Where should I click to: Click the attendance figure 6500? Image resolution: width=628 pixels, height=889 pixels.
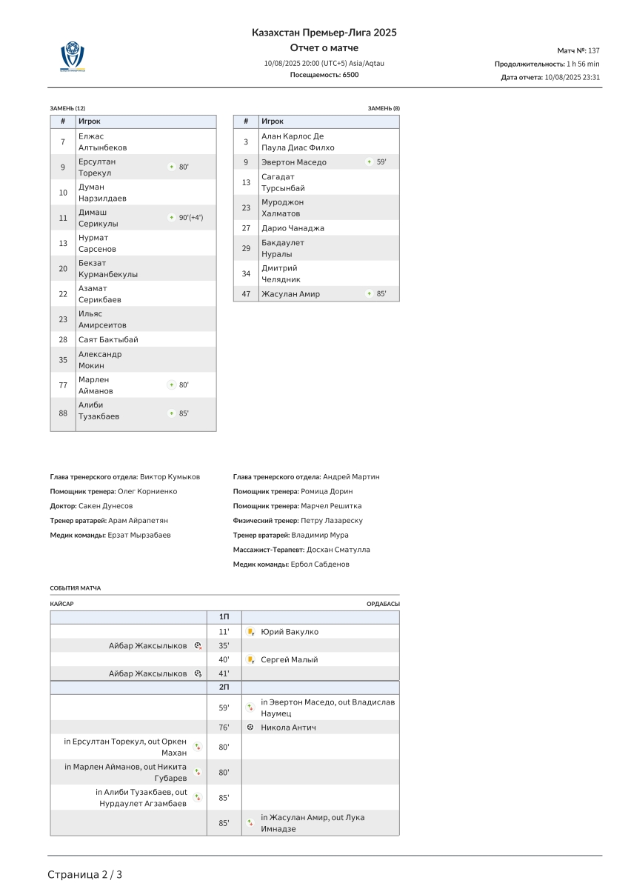pyautogui.click(x=350, y=75)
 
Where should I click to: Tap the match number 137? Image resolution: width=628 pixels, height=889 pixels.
pyautogui.click(x=593, y=50)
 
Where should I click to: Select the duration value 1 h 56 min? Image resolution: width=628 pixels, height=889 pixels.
pyautogui.click(x=583, y=64)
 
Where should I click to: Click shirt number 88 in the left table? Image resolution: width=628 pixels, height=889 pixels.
pyautogui.click(x=63, y=410)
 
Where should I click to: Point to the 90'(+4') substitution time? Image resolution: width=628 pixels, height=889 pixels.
pyautogui.click(x=190, y=218)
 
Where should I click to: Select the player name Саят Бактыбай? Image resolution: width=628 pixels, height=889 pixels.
pyautogui.click(x=108, y=339)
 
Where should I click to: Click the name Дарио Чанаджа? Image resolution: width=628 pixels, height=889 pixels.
pyautogui.click(x=293, y=228)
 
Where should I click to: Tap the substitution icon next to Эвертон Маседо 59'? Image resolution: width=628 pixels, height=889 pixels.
pyautogui.click(x=369, y=162)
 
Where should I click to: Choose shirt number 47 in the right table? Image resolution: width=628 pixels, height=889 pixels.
pyautogui.click(x=246, y=294)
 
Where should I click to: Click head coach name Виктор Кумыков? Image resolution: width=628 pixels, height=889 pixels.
pyautogui.click(x=170, y=477)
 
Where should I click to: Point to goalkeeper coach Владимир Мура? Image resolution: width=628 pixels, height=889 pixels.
pyautogui.click(x=320, y=535)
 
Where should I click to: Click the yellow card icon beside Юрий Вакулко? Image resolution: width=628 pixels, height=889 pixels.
pyautogui.click(x=251, y=632)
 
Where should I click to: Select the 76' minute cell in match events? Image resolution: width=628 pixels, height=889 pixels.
pyautogui.click(x=224, y=727)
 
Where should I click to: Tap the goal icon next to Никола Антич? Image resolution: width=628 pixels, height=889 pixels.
pyautogui.click(x=250, y=727)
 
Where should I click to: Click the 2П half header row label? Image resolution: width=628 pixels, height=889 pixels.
pyautogui.click(x=224, y=687)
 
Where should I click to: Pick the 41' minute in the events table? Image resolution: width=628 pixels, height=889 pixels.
pyautogui.click(x=224, y=673)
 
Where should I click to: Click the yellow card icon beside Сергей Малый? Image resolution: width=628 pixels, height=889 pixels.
pyautogui.click(x=251, y=659)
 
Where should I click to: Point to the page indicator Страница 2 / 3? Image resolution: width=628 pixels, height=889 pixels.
pyautogui.click(x=85, y=874)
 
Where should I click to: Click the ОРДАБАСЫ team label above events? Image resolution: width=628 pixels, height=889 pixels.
pyautogui.click(x=383, y=604)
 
